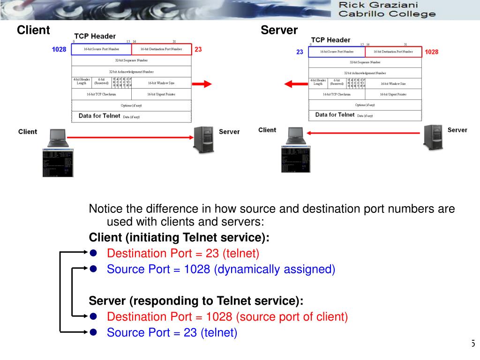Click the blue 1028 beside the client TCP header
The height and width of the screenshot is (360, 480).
(x=59, y=49)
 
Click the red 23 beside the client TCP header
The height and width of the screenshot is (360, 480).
(x=198, y=49)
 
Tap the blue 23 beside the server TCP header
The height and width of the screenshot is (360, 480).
(x=300, y=52)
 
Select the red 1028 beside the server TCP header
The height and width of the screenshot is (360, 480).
(x=431, y=52)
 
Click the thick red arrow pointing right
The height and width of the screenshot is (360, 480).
(x=202, y=84)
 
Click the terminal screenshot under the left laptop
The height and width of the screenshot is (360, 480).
(x=58, y=163)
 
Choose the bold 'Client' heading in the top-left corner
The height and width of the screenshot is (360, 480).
(x=33, y=30)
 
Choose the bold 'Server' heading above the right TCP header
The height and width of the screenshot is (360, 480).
(x=279, y=30)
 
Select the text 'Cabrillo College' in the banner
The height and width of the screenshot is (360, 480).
(x=387, y=14)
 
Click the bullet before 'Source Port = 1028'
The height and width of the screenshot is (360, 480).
(x=93, y=269)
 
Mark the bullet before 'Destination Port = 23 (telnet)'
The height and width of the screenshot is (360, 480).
(x=93, y=253)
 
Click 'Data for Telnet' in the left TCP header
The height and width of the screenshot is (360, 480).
(x=99, y=115)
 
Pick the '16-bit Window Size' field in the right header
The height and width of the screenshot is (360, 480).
(x=393, y=83)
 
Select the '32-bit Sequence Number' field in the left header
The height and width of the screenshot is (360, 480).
(x=131, y=60)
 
